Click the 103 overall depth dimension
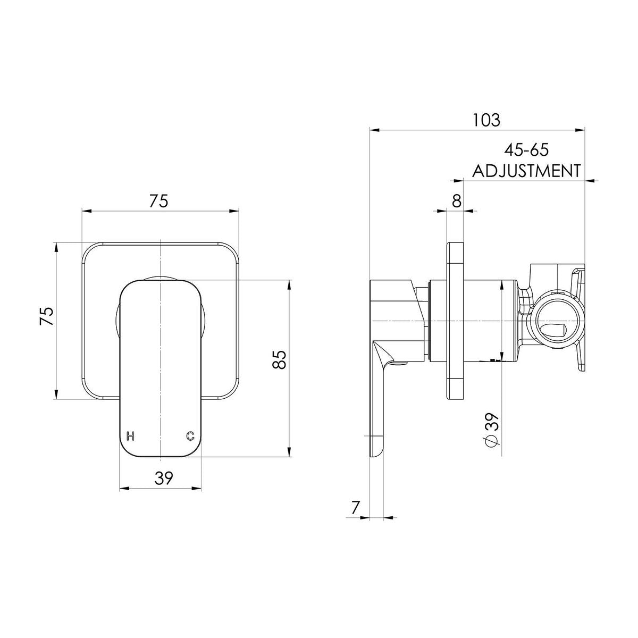pos(486,120)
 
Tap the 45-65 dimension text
pos(526,150)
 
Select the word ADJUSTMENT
pos(526,171)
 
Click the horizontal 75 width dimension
pos(158,202)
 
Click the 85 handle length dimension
pos(280,359)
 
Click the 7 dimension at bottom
pos(355,517)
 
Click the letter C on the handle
pos(190,436)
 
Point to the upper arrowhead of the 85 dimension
pos(290,286)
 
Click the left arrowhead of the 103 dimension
pos(374,130)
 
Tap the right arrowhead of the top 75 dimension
pos(234,211)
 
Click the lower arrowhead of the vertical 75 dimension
pos(56,394)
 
